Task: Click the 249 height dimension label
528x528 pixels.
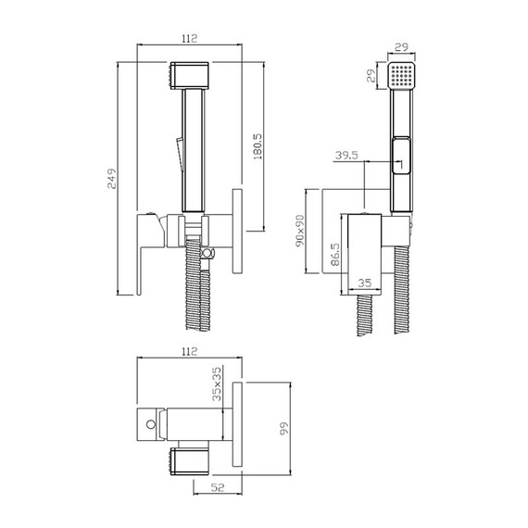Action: tap(112, 179)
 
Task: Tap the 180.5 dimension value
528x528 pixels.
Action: tap(258, 146)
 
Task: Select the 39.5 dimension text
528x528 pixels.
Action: tap(346, 156)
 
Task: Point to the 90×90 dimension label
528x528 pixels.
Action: tap(300, 231)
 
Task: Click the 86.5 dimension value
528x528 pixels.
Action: tap(335, 255)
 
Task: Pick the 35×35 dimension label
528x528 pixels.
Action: tap(217, 383)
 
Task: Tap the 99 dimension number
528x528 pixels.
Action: tap(284, 428)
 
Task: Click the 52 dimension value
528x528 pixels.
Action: tap(217, 487)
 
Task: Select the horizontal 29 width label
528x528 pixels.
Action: tap(401, 47)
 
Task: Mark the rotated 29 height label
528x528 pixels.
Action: tap(371, 76)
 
